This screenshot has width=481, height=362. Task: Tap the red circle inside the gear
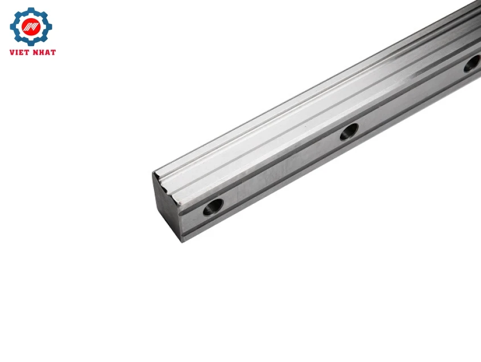point(31,27)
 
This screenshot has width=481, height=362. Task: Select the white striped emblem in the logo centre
point(31,27)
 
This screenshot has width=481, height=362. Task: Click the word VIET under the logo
point(20,52)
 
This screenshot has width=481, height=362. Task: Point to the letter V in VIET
point(13,52)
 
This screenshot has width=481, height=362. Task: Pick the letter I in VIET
point(18,52)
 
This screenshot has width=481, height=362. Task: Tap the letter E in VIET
point(22,52)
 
